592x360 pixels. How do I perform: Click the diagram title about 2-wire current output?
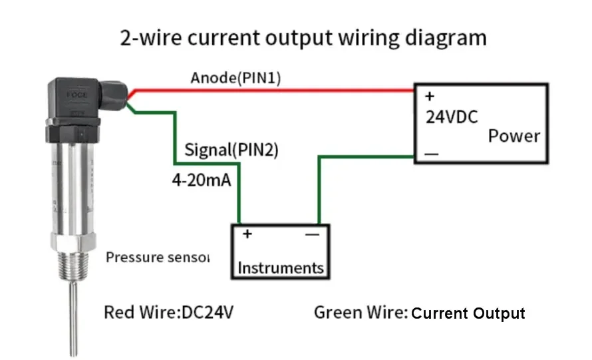pos(303,37)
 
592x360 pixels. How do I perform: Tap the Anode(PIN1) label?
pos(235,78)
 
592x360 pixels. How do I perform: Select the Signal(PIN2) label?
pos(231,150)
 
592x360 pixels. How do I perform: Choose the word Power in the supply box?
pos(514,136)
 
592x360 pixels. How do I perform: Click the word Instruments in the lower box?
pos(281,268)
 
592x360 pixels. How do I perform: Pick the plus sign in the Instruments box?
pos(247,234)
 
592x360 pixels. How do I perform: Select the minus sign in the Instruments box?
pos(312,234)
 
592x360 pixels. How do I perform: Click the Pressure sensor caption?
pos(158,257)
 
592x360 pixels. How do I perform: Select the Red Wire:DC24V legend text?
pos(168,312)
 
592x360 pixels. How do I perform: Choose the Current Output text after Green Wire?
pos(468,313)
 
